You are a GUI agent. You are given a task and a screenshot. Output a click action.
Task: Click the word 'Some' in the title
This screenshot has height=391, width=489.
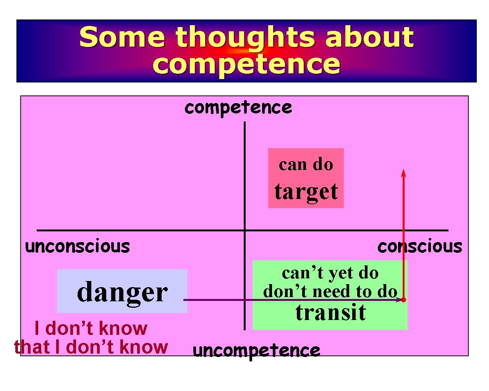coord(122,37)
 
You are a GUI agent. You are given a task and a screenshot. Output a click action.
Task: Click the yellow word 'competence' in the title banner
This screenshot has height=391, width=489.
coord(246,64)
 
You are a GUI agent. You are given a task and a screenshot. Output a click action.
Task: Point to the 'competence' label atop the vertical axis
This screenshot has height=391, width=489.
coord(238,107)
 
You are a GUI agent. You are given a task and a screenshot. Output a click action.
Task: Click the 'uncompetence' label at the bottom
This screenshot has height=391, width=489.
coord(256,350)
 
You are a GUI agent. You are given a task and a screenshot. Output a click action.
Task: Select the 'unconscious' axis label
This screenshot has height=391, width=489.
coord(78,246)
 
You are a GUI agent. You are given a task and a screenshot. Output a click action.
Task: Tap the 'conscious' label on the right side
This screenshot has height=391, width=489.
coord(419,246)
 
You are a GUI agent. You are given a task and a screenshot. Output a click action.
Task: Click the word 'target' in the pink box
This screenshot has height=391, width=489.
coord(306,192)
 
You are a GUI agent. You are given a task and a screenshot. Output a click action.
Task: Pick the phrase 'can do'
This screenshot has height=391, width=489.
coord(306,165)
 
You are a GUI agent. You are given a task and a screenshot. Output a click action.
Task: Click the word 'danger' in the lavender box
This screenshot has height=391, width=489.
coord(122,292)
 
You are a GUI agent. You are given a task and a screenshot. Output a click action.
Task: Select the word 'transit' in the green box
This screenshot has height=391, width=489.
coord(330,312)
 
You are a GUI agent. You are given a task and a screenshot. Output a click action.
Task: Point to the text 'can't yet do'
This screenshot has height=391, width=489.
coord(330,273)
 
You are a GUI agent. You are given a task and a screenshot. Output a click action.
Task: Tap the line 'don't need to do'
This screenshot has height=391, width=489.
coord(330,292)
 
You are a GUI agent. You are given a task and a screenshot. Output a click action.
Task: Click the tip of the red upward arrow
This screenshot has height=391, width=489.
coord(403,171)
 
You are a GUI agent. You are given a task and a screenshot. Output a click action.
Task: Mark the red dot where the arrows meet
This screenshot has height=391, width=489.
coord(403,300)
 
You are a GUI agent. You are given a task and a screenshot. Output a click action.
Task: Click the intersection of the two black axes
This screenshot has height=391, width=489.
coord(244,230)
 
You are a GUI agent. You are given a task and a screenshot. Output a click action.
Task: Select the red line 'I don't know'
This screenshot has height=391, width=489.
coord(91,328)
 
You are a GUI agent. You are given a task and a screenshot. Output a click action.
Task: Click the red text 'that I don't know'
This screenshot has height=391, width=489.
coord(91,347)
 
